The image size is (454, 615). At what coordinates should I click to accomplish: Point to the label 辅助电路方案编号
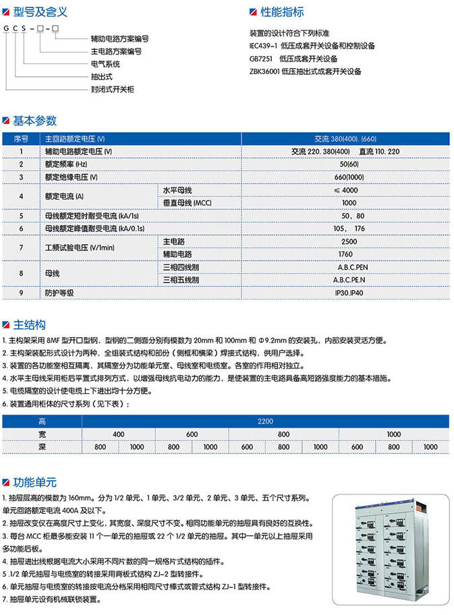119,40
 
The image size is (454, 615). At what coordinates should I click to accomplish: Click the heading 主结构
30,325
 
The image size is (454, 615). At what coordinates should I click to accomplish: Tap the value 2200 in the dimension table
265,421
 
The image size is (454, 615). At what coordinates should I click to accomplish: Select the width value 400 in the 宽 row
118,434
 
